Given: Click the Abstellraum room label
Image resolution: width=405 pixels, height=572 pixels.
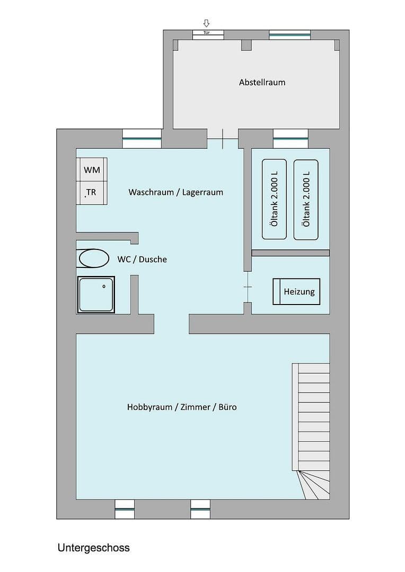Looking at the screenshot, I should pyautogui.click(x=262, y=82).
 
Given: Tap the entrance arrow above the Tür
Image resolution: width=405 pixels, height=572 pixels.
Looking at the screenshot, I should pyautogui.click(x=207, y=23).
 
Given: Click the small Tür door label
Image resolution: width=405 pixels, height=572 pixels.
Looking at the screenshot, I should pyautogui.click(x=207, y=33).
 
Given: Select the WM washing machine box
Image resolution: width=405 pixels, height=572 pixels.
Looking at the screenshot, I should pyautogui.click(x=92, y=170).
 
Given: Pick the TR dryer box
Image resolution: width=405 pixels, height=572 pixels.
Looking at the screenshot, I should pyautogui.click(x=92, y=192).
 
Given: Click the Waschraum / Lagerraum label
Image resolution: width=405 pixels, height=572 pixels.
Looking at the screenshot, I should pyautogui.click(x=175, y=192).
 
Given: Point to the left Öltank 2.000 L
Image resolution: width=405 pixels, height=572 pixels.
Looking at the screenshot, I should pyautogui.click(x=274, y=199).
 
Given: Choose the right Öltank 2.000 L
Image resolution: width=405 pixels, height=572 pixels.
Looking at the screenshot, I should pyautogui.click(x=306, y=199).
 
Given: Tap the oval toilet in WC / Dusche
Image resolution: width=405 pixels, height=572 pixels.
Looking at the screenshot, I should pyautogui.click(x=94, y=259).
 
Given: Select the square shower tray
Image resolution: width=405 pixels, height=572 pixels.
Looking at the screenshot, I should pyautogui.click(x=96, y=294).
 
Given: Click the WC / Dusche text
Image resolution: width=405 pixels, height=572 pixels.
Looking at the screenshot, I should pyautogui.click(x=142, y=260).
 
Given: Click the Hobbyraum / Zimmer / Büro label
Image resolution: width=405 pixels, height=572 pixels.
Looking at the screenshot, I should pyautogui.click(x=182, y=407).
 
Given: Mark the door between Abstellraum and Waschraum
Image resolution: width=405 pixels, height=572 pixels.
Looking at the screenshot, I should pyautogui.click(x=223, y=139).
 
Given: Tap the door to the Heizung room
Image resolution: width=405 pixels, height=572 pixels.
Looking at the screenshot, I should pyautogui.click(x=248, y=287).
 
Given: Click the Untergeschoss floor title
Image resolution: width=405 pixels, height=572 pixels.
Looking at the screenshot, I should pyautogui.click(x=94, y=548).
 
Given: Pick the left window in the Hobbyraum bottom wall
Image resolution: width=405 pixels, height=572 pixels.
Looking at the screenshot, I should pyautogui.click(x=125, y=509).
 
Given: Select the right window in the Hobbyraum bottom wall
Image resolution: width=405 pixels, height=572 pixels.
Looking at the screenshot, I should pyautogui.click(x=200, y=509).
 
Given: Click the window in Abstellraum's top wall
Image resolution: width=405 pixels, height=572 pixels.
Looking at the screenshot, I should pyautogui.click(x=289, y=35).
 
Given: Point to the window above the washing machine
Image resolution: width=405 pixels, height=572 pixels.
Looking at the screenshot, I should pyautogui.click(x=142, y=139).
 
